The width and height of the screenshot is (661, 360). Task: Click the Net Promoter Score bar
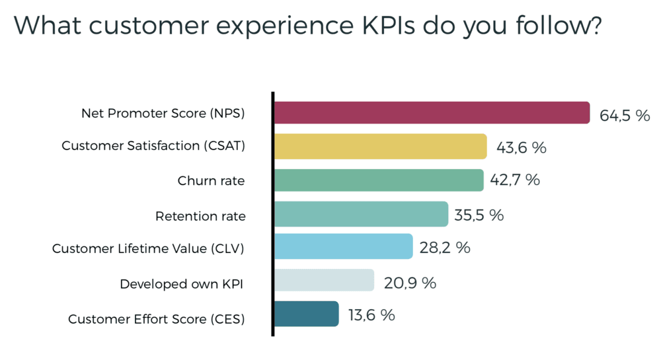(431, 113)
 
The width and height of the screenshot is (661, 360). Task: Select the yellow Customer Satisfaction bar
(380, 147)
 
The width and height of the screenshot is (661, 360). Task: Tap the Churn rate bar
(378, 180)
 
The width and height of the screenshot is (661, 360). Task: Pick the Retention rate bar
(360, 214)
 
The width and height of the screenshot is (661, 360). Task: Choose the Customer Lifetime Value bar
(342, 246)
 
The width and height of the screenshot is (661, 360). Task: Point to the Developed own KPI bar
(323, 281)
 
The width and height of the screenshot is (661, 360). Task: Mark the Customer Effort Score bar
(306, 314)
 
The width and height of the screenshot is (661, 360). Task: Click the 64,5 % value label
(625, 116)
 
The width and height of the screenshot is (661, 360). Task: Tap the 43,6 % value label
(521, 148)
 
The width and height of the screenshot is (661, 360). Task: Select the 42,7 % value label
(515, 180)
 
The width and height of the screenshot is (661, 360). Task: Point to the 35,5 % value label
(479, 215)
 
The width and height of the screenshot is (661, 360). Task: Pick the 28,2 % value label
(444, 248)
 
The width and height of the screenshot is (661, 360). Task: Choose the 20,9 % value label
(410, 283)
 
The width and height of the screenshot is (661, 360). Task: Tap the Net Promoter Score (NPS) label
(163, 114)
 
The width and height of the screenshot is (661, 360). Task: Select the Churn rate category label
(211, 181)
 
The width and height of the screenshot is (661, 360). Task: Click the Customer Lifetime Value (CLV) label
(148, 249)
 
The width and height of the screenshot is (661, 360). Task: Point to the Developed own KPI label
(181, 284)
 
